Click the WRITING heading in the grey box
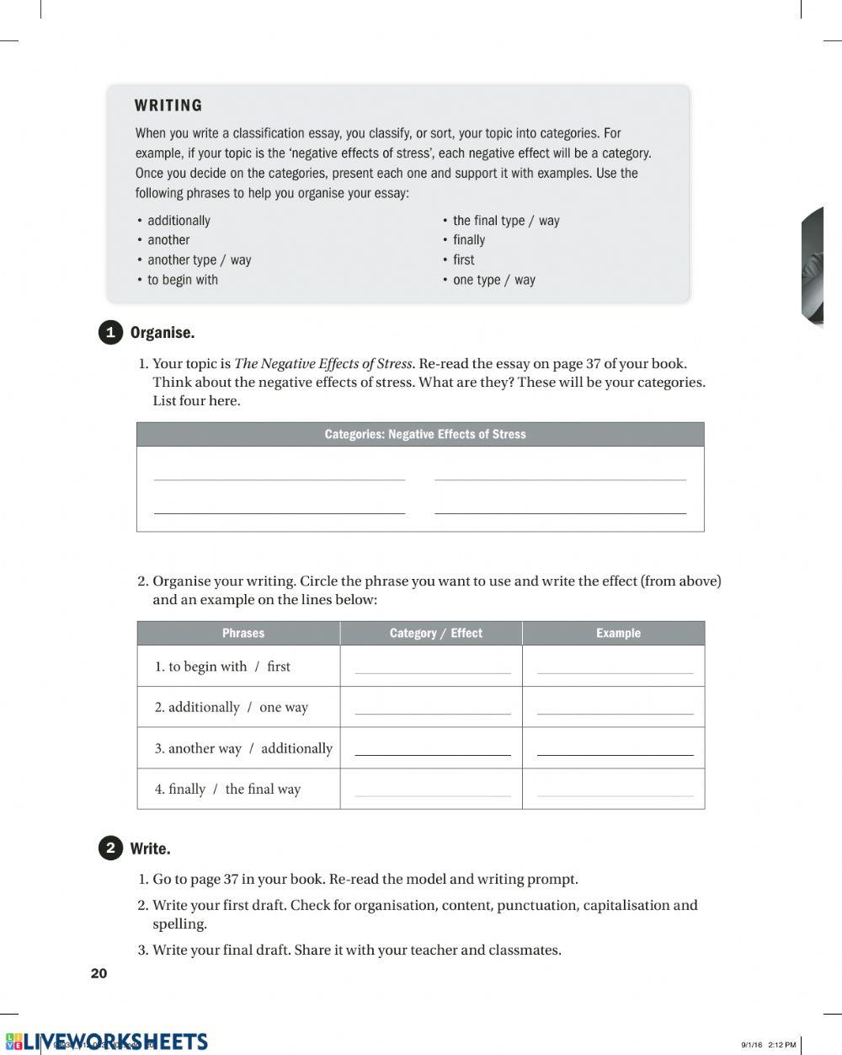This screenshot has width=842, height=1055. point(168,105)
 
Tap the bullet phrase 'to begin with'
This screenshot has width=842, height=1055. point(182,280)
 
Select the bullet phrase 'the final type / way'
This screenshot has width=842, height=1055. point(505,221)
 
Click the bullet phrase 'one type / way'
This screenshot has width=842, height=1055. point(493,280)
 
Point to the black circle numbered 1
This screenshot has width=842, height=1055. point(110,333)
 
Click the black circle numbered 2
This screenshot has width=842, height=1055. point(110,848)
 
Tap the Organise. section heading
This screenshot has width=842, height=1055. point(163,333)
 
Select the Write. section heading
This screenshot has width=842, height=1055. point(150,849)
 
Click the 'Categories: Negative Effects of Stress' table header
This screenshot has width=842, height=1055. point(424,435)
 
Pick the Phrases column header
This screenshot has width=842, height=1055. point(242,633)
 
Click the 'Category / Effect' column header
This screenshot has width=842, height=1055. point(435,633)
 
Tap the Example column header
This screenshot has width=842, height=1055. point(618,633)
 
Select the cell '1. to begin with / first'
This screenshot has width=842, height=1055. point(222,667)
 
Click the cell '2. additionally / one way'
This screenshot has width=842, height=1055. point(231,707)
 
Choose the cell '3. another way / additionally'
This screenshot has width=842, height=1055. point(243,748)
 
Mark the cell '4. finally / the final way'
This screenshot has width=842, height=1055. point(227,790)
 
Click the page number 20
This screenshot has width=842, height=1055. point(99,973)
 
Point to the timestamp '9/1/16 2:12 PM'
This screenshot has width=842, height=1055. point(768,1045)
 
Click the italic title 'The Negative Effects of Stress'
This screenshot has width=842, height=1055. point(322,364)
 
